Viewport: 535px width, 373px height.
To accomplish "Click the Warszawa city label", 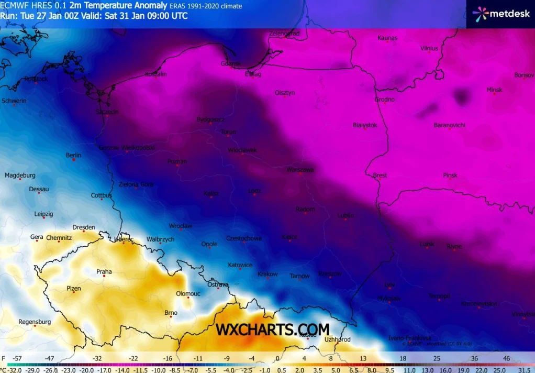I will (300, 169).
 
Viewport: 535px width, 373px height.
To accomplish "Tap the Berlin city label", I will (73, 155).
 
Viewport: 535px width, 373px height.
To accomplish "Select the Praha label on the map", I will (104, 271).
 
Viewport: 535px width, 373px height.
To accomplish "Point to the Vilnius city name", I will (429, 48).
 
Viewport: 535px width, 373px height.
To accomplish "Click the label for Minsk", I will (494, 90).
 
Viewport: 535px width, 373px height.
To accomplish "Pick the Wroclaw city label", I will (181, 226).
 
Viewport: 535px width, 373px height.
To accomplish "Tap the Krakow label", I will (267, 274).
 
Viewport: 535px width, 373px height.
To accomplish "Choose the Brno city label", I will (171, 313).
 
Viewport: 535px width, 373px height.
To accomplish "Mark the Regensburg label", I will (35, 322).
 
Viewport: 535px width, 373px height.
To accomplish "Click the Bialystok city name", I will (365, 125).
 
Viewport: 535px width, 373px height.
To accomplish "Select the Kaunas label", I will (387, 38).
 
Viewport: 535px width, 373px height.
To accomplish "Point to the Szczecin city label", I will (107, 112).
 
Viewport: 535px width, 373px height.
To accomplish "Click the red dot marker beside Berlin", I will (74, 160).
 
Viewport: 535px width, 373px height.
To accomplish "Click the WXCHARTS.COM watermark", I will (273, 330).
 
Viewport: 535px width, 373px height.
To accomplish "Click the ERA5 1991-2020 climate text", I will (205, 6).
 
